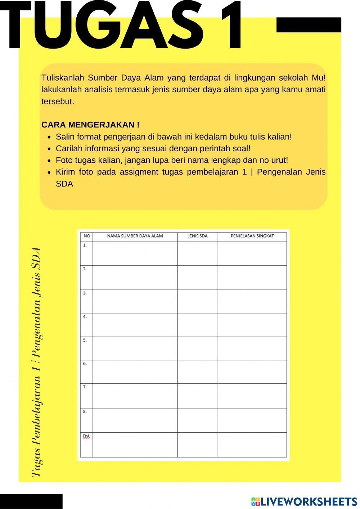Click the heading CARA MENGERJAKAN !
90,125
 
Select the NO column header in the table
87,236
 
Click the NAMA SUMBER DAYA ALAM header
135,236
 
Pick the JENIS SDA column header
198,236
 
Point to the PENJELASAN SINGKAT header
252,236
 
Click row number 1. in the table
85,245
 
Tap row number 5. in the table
85,340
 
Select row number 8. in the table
85,411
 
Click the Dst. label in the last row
86,436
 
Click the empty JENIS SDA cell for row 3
198,301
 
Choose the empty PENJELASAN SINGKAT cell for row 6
252,372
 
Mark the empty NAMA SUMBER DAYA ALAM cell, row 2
135,278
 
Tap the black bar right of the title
309,25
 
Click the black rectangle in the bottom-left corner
31,501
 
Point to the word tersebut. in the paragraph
58,102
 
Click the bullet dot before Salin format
49,137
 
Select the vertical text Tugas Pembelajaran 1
36,425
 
